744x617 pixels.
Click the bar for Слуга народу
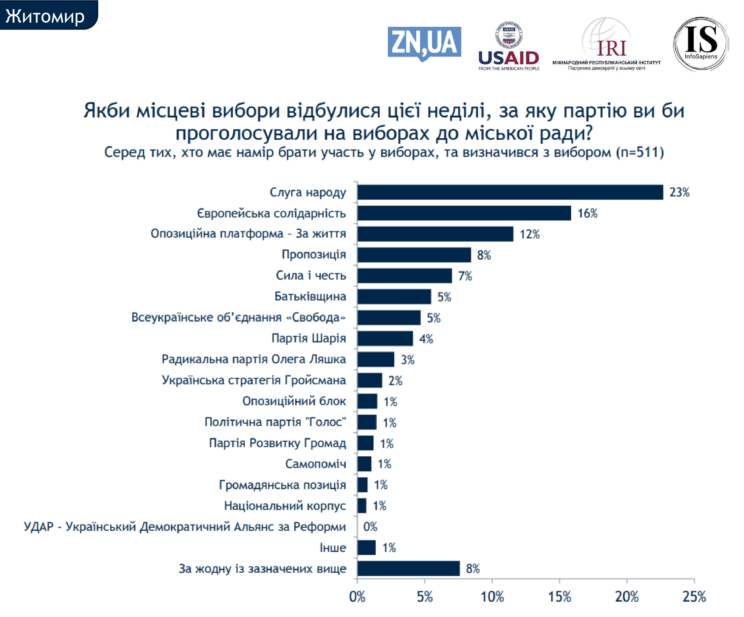click(510, 192)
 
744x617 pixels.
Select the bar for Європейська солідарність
click(464, 213)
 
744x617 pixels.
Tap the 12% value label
click(530, 234)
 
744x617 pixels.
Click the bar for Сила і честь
click(404, 276)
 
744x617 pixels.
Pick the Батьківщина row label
click(310, 296)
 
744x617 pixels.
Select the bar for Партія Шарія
click(385, 338)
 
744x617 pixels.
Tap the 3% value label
click(407, 360)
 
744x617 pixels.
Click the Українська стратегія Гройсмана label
click(254, 380)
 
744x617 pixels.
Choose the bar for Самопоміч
click(364, 464)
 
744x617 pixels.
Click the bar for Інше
click(366, 547)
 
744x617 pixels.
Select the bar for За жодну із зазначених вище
click(408, 568)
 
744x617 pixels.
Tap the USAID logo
click(509, 46)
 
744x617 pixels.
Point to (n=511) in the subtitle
click(640, 152)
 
